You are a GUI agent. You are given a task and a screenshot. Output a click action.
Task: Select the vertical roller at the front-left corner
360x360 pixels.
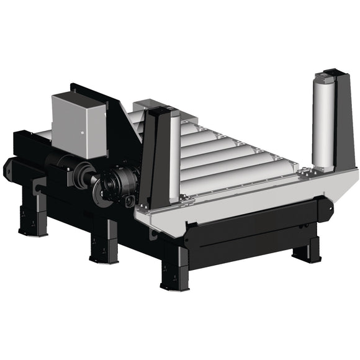coord(175,155)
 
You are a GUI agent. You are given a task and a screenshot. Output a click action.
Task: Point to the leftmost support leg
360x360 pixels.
coord(33,214)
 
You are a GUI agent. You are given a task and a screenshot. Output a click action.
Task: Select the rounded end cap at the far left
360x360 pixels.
coord(9,167)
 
